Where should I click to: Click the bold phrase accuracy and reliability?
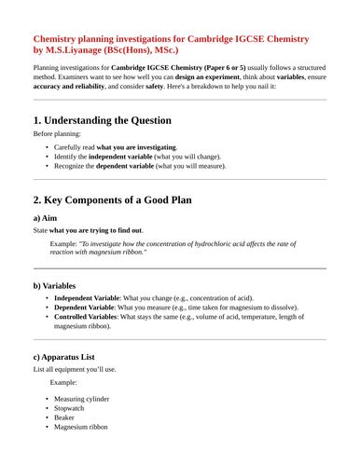pyautogui.click(x=69, y=85)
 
